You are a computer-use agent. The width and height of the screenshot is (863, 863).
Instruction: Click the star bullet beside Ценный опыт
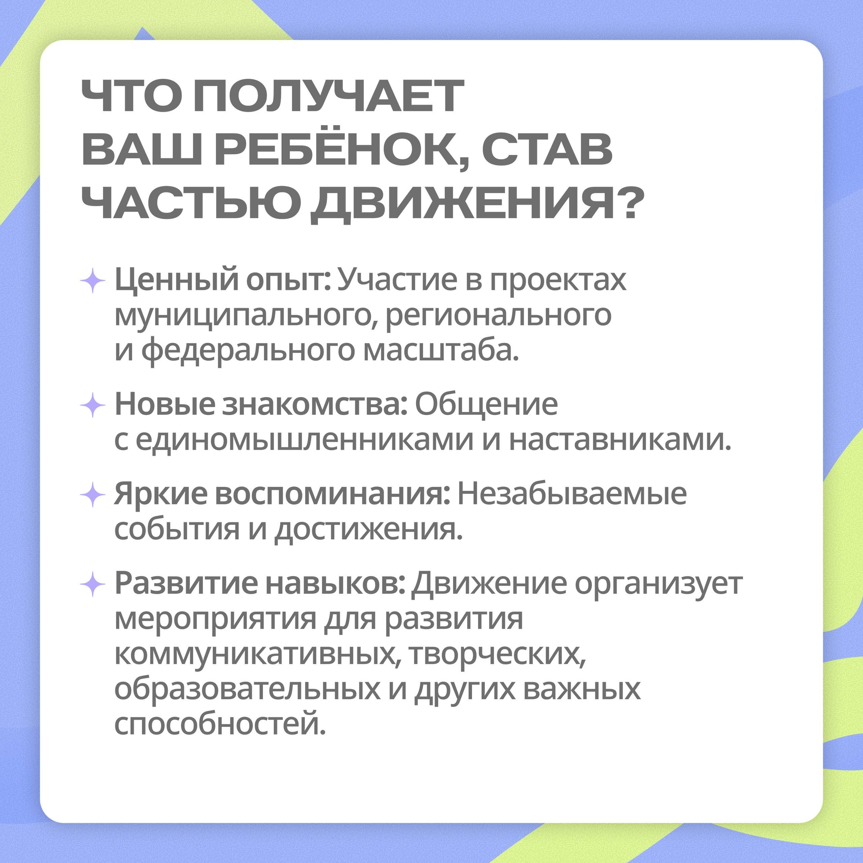[92, 280]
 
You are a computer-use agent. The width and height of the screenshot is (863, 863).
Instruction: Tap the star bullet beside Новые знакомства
[92, 405]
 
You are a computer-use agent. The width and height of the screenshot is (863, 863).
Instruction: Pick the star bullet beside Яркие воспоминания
[92, 495]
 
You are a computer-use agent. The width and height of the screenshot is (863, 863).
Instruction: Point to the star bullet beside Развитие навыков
[92, 584]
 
